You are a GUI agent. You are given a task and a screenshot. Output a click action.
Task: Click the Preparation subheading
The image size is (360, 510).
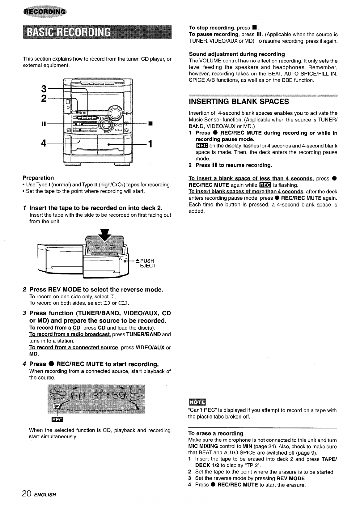[38, 178]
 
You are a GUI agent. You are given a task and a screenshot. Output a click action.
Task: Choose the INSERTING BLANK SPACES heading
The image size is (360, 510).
[239, 102]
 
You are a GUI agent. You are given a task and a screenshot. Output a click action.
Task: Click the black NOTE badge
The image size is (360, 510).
[195, 402]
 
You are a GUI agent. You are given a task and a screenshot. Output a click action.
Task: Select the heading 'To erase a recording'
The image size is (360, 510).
[216, 433]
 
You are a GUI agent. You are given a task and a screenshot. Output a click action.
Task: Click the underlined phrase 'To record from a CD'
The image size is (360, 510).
[55, 328]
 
